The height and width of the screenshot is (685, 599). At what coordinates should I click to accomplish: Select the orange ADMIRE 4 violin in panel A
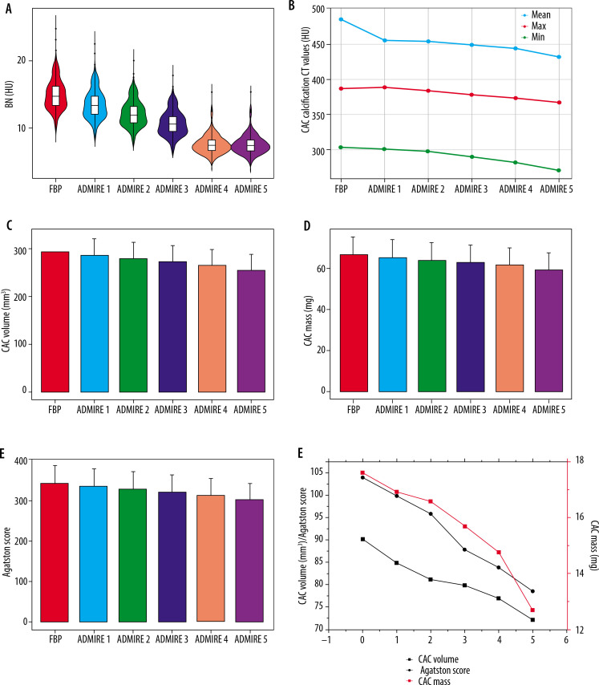[x=212, y=144]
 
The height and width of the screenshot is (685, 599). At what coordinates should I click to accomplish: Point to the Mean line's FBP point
[x=341, y=19]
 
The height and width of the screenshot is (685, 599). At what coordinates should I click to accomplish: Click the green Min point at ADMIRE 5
[x=557, y=170]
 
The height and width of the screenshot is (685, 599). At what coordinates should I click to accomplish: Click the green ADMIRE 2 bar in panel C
[x=134, y=325]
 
